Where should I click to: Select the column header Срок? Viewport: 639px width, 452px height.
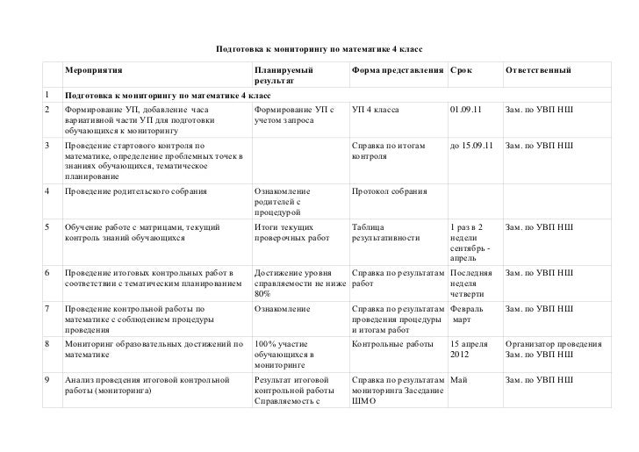(x=461, y=68)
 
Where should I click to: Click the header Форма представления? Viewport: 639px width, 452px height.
(x=397, y=68)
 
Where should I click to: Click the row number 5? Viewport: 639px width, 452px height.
(x=46, y=226)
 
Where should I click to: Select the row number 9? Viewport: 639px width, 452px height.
(x=46, y=379)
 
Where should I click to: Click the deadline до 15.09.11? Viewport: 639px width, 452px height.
(x=471, y=145)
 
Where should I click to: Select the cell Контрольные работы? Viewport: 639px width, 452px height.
(x=390, y=345)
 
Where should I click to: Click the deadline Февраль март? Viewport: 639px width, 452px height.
(x=465, y=314)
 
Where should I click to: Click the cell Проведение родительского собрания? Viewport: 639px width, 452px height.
(x=136, y=190)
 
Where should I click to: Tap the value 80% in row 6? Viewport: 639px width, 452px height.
(x=262, y=295)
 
